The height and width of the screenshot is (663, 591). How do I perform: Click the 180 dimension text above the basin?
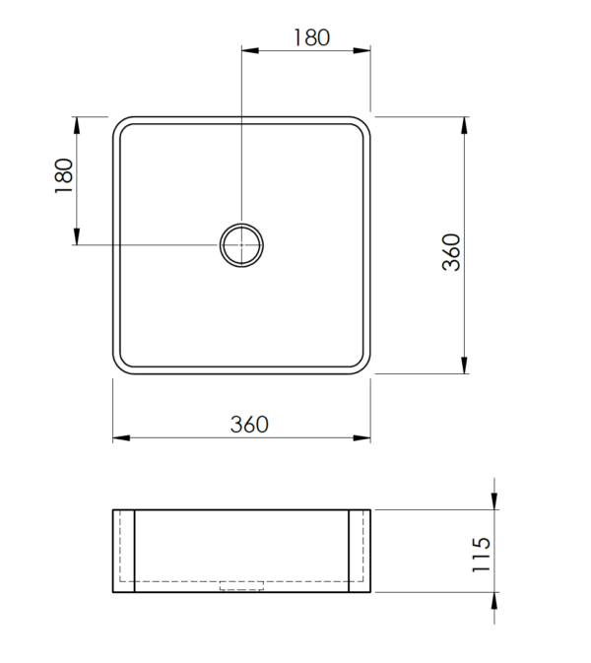(x=310, y=37)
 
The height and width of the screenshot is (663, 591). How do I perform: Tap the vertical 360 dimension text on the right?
(x=450, y=252)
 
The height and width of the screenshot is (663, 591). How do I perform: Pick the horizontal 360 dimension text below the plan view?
(x=249, y=425)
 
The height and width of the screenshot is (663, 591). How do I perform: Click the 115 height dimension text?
(x=482, y=556)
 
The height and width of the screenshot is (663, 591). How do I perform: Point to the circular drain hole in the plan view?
(x=241, y=244)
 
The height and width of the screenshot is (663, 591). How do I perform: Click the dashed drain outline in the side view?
(x=241, y=586)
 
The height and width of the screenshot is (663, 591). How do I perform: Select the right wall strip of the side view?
(x=360, y=552)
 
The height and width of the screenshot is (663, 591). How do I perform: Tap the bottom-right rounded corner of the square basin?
(x=362, y=366)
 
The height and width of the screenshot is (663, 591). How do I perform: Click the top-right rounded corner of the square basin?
(x=362, y=126)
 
